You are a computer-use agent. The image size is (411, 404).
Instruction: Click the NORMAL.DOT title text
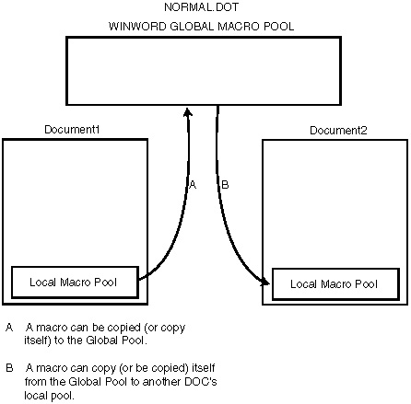[x=201, y=7]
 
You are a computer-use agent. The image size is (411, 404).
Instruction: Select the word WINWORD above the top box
[x=137, y=27]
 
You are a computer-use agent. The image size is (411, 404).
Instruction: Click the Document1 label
[x=72, y=130]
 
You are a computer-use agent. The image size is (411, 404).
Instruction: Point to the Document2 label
[x=338, y=131]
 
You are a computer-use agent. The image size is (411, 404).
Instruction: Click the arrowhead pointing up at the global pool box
[x=188, y=111]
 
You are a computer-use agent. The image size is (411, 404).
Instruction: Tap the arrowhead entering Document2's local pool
[x=265, y=282]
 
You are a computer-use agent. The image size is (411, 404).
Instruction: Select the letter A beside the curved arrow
[x=193, y=185]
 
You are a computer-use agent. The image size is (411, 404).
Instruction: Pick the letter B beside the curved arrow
[x=225, y=185]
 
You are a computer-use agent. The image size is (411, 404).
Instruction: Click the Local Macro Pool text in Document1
[x=73, y=283]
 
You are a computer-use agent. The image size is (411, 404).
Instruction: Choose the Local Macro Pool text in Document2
[x=334, y=284]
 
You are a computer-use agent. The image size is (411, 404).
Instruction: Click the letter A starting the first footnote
[x=9, y=328]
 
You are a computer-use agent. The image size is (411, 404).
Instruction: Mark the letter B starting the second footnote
[x=9, y=368]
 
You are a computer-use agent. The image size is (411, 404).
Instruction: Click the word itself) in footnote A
[x=38, y=341]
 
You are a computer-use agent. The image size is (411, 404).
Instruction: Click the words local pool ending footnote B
[x=50, y=395]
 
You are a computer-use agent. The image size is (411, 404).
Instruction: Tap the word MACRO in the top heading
[x=239, y=27]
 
